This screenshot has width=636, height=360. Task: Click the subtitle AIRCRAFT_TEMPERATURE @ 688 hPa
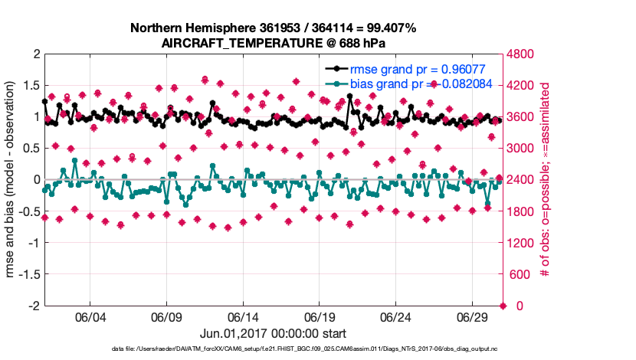click(274, 43)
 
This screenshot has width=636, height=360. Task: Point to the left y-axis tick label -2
click(34, 306)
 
